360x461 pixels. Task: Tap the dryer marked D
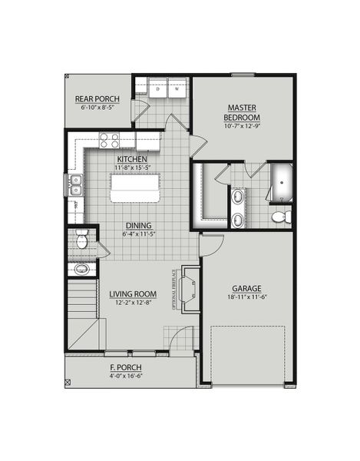click(x=157, y=89)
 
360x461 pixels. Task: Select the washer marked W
click(x=177, y=89)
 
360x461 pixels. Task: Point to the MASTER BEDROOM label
click(x=243, y=111)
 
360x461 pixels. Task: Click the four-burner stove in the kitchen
click(x=110, y=141)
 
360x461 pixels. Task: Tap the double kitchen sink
click(x=74, y=184)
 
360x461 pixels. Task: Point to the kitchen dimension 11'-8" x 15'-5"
click(x=134, y=167)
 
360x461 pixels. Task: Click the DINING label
click(x=139, y=225)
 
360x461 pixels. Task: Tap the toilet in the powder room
click(x=81, y=242)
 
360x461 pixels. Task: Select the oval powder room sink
click(x=81, y=269)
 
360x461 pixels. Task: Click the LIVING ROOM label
click(x=133, y=294)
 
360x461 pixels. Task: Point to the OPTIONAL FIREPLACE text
click(x=175, y=290)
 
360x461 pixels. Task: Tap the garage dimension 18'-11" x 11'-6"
click(x=246, y=297)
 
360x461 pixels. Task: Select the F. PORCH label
click(x=127, y=368)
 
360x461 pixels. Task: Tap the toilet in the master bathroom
click(x=280, y=217)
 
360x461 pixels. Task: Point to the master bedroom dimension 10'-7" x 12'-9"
click(x=243, y=126)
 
